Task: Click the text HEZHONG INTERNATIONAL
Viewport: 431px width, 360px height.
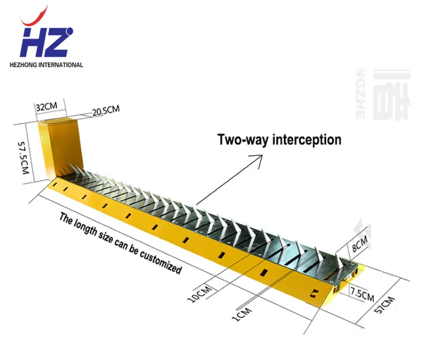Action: pyautogui.click(x=46, y=65)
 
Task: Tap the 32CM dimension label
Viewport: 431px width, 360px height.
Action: pyautogui.click(x=47, y=107)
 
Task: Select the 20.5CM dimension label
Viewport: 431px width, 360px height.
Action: pyautogui.click(x=105, y=111)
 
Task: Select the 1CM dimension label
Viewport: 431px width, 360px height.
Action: pyautogui.click(x=238, y=312)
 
